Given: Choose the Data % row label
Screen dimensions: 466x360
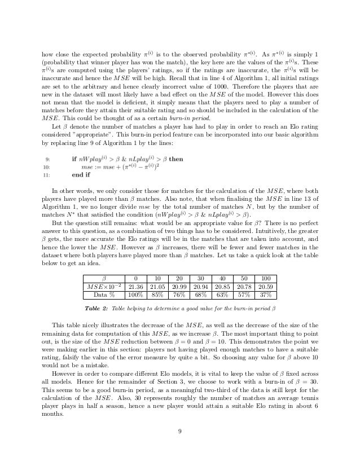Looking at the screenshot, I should (103, 294).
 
